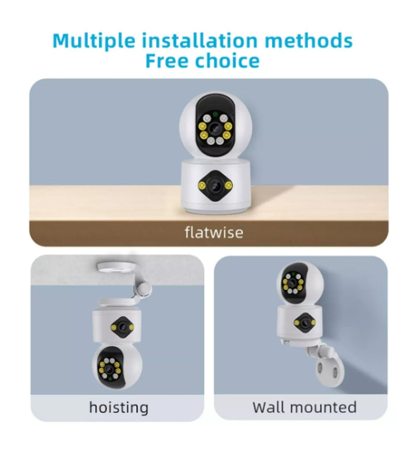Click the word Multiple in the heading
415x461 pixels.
click(94, 40)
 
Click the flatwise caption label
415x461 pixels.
click(214, 232)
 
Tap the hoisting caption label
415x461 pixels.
click(119, 408)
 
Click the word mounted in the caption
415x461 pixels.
click(323, 407)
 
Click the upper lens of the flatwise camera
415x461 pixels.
click(215, 129)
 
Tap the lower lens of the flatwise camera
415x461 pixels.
click(216, 185)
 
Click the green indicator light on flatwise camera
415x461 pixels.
click(216, 114)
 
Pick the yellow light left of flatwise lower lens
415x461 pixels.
click(202, 185)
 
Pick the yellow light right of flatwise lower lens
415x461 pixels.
click(228, 185)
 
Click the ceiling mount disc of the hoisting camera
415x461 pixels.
click(116, 267)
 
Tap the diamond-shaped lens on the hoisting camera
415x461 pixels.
click(123, 327)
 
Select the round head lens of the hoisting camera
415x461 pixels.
click(110, 369)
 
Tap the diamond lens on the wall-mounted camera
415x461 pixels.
click(305, 323)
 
